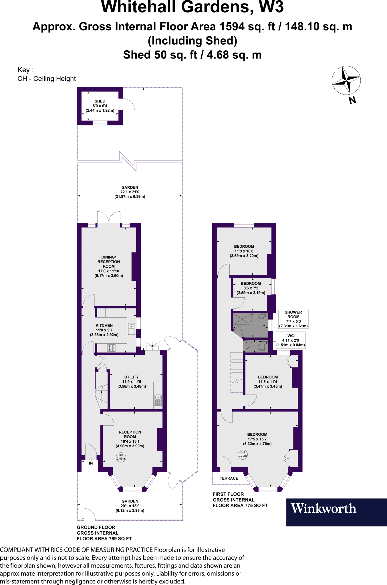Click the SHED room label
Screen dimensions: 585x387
[x=100, y=101]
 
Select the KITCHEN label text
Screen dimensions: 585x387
[x=104, y=325]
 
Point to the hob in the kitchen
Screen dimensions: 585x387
[x=111, y=348]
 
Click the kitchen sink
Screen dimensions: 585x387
[x=132, y=329]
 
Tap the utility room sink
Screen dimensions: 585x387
[x=158, y=400]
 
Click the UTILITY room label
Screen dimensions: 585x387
[x=132, y=377]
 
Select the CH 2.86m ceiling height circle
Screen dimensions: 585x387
[x=121, y=457]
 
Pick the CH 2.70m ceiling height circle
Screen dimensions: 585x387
[x=243, y=454]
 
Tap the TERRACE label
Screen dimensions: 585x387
[x=229, y=478]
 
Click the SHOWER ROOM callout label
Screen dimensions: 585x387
[x=293, y=319]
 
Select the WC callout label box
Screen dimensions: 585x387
[x=291, y=340]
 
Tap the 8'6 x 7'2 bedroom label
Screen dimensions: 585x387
[x=251, y=288]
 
